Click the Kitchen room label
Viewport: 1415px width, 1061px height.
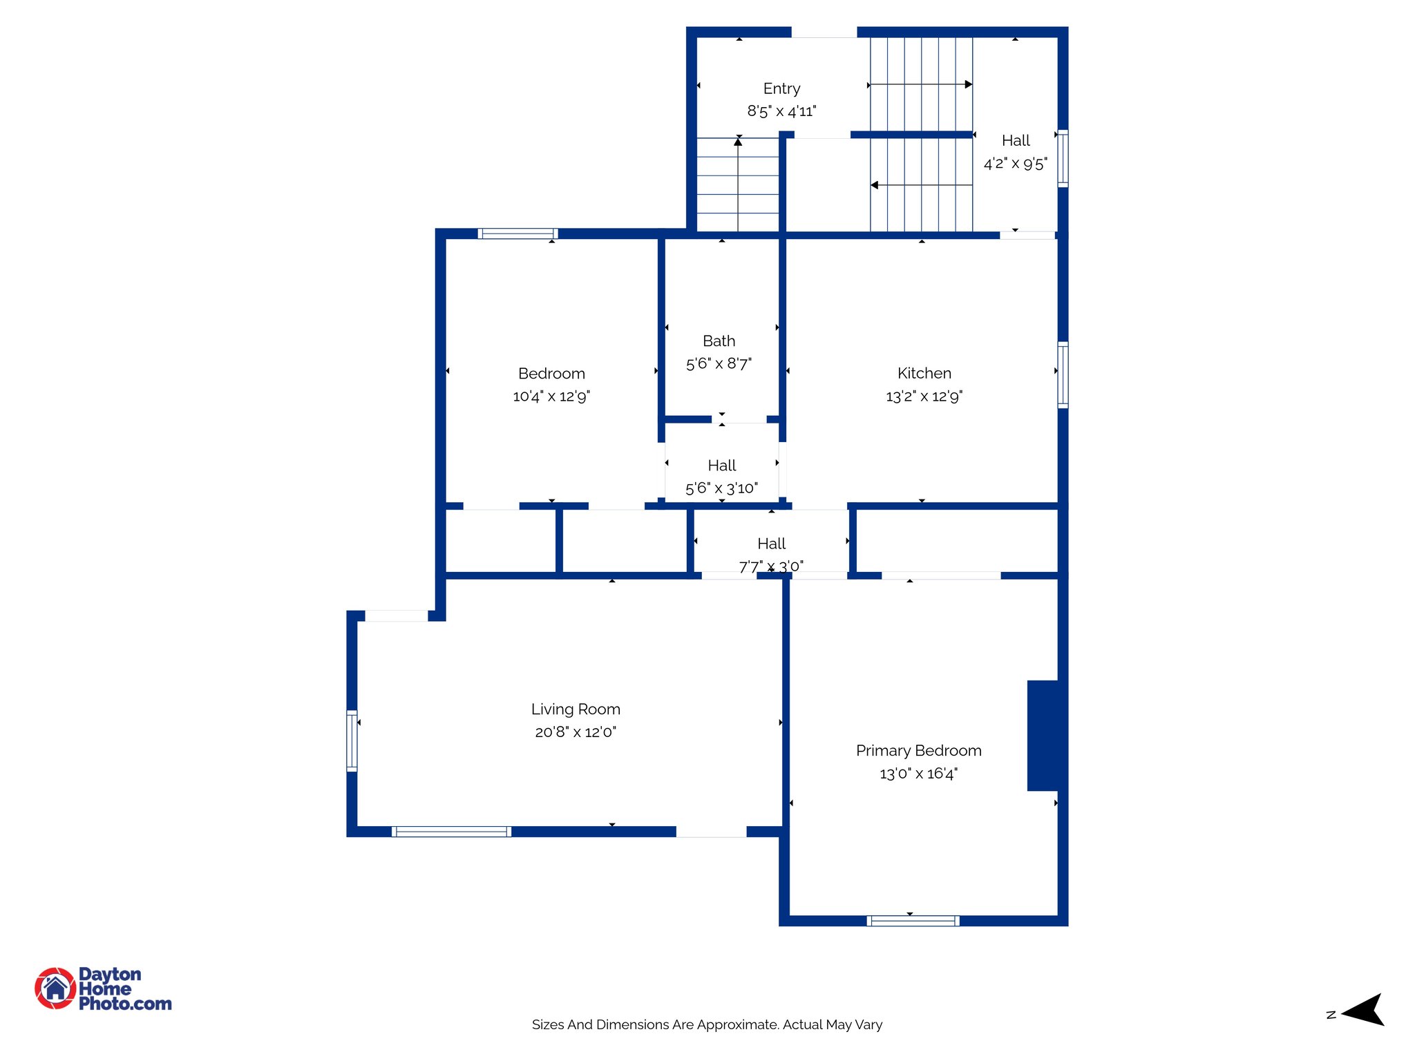[924, 373]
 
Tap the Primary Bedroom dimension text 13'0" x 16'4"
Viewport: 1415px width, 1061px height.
[918, 774]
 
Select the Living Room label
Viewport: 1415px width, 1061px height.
[576, 709]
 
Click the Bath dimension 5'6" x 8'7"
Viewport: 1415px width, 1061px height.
[719, 363]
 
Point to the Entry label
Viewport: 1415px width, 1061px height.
[781, 88]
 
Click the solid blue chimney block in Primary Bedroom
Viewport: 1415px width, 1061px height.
[1043, 735]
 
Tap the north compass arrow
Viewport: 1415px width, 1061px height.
[1364, 1010]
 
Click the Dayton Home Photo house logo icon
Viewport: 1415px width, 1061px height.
[55, 988]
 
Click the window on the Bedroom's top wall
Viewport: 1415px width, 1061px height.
[517, 233]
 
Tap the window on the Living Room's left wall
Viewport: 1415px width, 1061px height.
[352, 740]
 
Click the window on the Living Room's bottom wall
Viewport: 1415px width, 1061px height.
[451, 832]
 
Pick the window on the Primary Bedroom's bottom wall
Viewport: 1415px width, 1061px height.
[913, 921]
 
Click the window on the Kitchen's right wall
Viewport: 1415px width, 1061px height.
[1063, 374]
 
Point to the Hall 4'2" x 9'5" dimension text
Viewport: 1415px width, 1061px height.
[1015, 164]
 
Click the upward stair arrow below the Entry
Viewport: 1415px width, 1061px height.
[738, 142]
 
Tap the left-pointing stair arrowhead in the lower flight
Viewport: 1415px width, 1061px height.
[874, 185]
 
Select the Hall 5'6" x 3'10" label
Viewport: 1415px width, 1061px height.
[721, 466]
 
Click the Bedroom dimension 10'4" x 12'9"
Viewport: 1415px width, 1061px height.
[551, 396]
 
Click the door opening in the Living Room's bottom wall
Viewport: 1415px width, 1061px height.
[711, 832]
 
